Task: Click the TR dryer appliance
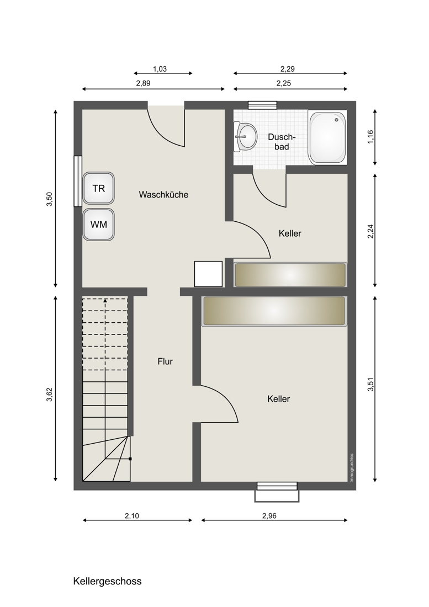click(99, 188)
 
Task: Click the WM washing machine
click(99, 225)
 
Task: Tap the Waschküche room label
click(163, 195)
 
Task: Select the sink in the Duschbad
click(246, 137)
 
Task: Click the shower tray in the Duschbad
click(327, 138)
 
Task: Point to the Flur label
click(165, 361)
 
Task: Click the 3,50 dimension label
click(49, 199)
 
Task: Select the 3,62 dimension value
click(49, 395)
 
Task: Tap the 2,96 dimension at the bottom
click(269, 515)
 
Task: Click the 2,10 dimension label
click(131, 515)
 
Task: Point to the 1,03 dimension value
click(160, 70)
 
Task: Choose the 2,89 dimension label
click(143, 83)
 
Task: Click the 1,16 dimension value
click(370, 137)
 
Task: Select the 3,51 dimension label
click(370, 385)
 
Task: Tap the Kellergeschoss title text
click(107, 582)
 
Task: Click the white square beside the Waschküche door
click(208, 274)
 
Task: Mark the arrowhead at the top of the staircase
click(105, 300)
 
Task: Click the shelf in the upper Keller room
click(290, 275)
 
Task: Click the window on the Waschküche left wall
click(78, 181)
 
